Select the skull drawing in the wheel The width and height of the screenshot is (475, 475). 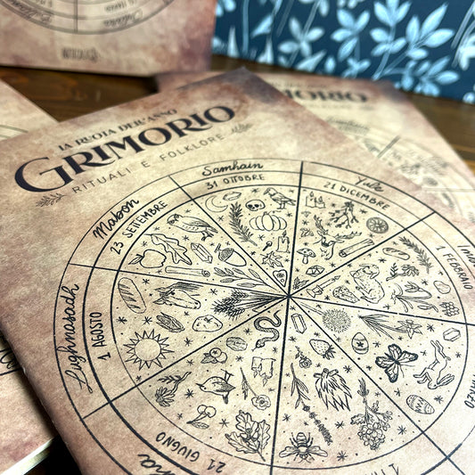tap(256, 206)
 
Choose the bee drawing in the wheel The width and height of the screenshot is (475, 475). tap(303, 446)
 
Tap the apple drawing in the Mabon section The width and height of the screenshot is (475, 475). tap(143, 258)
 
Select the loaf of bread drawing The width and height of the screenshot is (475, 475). tap(131, 294)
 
